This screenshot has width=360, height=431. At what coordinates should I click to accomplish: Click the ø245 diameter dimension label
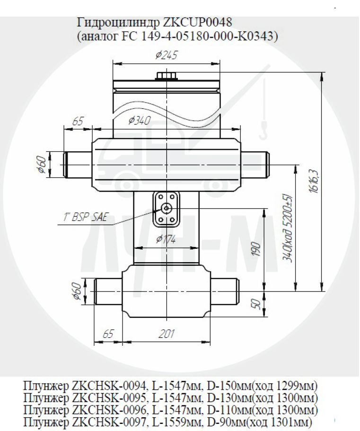point(167,55)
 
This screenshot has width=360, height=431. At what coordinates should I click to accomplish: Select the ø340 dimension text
point(140,120)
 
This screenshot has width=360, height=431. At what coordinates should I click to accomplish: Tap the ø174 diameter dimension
point(166,239)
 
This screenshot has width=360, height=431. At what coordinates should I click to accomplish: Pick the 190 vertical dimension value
point(256,249)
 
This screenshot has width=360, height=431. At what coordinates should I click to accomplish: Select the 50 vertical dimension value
point(256,304)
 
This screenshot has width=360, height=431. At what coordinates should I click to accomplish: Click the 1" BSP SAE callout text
point(84,218)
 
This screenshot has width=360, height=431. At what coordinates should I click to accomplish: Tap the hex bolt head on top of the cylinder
point(167,75)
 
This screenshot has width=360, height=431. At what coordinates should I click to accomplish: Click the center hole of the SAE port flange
point(166,208)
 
